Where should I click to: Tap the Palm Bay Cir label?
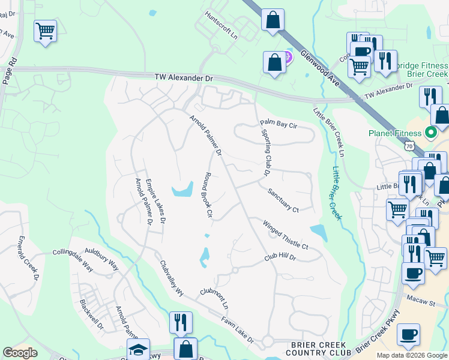coord(279,124)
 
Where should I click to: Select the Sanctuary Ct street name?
coord(283,200)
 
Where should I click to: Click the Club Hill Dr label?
coord(280,257)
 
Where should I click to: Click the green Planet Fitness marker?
coord(430,132)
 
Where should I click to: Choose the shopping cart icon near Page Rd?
coord(46,31)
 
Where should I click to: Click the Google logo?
coord(20,353)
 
